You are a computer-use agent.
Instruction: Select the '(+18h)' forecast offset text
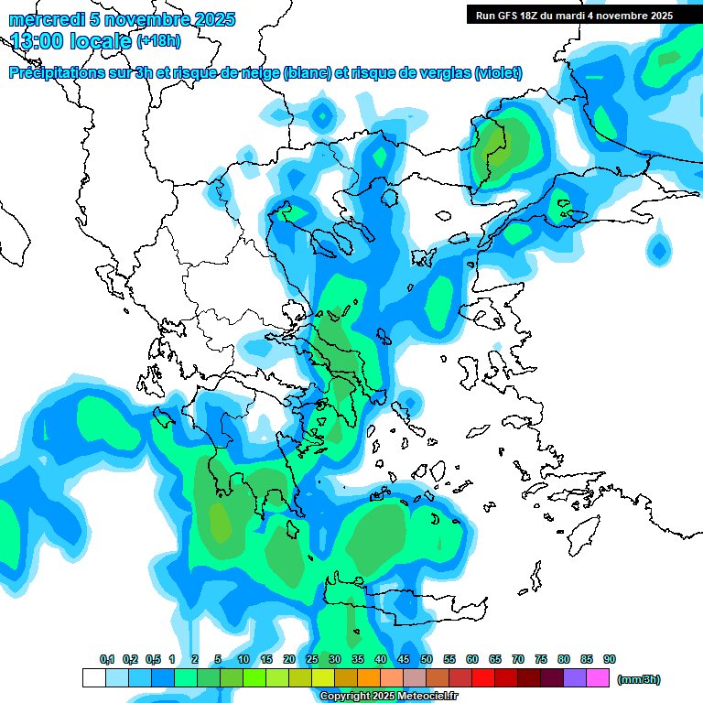[158, 41]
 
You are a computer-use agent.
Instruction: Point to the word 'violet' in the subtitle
[498, 73]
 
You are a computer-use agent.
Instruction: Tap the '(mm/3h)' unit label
[639, 679]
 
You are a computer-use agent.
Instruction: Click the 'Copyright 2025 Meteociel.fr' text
[388, 697]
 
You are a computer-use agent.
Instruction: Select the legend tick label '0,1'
[106, 660]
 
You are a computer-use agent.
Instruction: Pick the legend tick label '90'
[610, 660]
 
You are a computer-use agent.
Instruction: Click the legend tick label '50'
[427, 660]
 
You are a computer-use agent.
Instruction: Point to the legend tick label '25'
[312, 660]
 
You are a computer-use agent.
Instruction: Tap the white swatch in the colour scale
[94, 677]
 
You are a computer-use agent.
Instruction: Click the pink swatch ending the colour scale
[598, 677]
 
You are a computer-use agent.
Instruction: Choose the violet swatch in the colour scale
[575, 677]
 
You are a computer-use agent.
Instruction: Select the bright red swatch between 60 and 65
[483, 677]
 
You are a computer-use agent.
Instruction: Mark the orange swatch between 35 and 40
[369, 677]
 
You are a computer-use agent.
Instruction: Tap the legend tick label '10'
[243, 660]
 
